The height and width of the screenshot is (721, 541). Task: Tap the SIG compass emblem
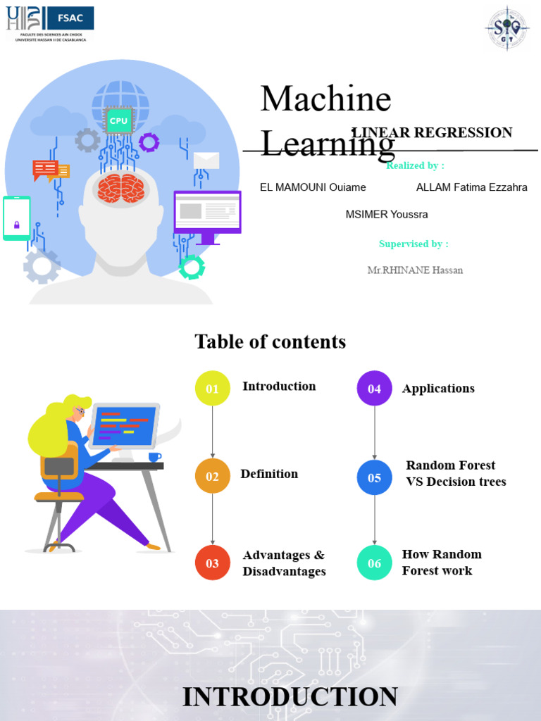pyautogui.click(x=507, y=29)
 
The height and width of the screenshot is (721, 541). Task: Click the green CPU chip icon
pyautogui.click(x=118, y=121)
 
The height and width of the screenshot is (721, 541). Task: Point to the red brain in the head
pyautogui.click(x=121, y=189)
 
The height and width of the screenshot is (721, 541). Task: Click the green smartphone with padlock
pyautogui.click(x=17, y=218)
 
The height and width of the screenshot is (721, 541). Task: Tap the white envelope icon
pyautogui.click(x=206, y=161)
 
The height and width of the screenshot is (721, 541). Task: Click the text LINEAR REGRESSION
pyautogui.click(x=432, y=132)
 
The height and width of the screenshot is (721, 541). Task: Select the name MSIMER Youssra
pyautogui.click(x=386, y=214)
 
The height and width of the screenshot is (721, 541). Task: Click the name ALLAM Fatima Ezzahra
pyautogui.click(x=471, y=187)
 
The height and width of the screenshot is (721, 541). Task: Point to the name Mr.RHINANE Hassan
pyautogui.click(x=415, y=270)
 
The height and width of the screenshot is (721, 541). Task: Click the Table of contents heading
pyautogui.click(x=270, y=342)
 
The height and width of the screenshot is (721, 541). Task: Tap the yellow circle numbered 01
pyautogui.click(x=213, y=389)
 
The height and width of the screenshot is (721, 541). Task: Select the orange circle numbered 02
pyautogui.click(x=213, y=477)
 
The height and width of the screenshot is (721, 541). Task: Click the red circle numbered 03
pyautogui.click(x=213, y=563)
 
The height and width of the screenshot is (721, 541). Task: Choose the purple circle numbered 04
pyautogui.click(x=374, y=389)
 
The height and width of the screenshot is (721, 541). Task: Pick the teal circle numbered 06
pyautogui.click(x=374, y=563)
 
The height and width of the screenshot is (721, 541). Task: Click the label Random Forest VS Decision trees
pyautogui.click(x=456, y=474)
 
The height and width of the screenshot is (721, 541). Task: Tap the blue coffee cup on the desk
pyautogui.click(x=154, y=457)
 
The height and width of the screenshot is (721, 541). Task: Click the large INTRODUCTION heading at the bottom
pyautogui.click(x=290, y=697)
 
